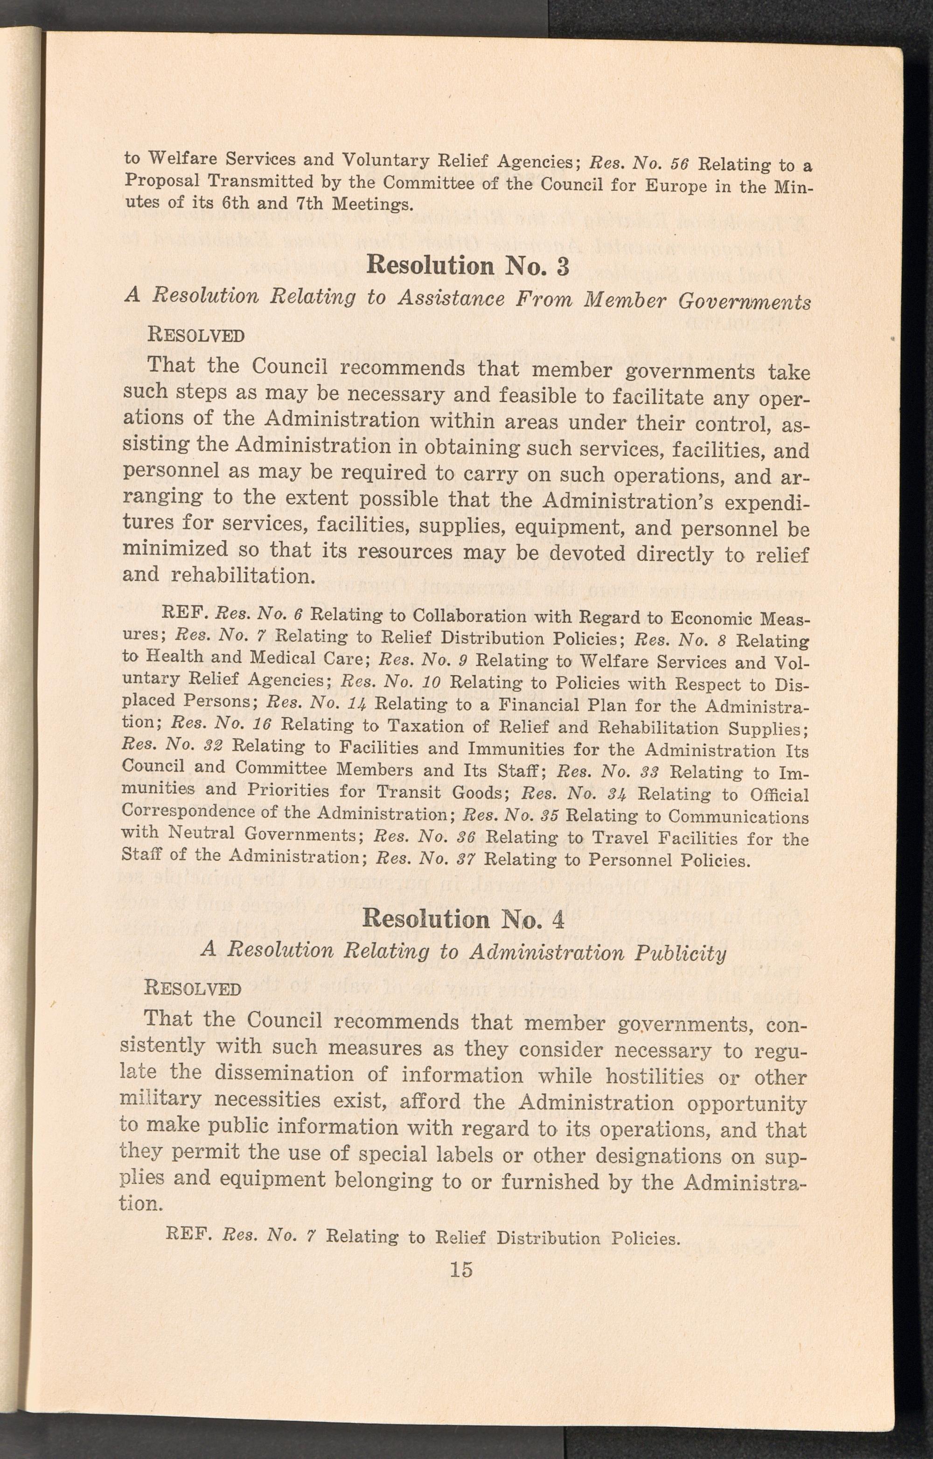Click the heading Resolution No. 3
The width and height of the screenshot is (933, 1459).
(x=468, y=266)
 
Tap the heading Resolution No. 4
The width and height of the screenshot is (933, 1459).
(x=464, y=919)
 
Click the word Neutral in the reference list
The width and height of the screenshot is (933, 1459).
(x=201, y=834)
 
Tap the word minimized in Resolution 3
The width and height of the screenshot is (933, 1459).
(x=167, y=549)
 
